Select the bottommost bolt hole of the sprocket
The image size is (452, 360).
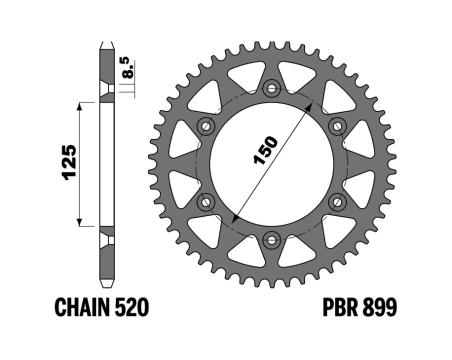[271, 239]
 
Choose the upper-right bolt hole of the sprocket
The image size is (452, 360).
[336, 127]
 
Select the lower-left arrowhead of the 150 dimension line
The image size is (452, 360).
[233, 222]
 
